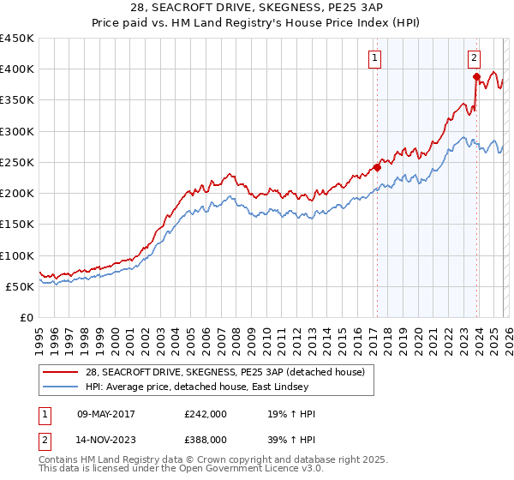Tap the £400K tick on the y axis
coord(17,69)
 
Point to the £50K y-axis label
coord(21,286)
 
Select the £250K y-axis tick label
coord(17,162)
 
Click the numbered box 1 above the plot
coord(375,58)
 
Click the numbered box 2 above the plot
coord(474,58)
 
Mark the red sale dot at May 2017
coord(376,167)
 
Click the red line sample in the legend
coord(62,371)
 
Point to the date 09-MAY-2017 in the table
coord(106,413)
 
